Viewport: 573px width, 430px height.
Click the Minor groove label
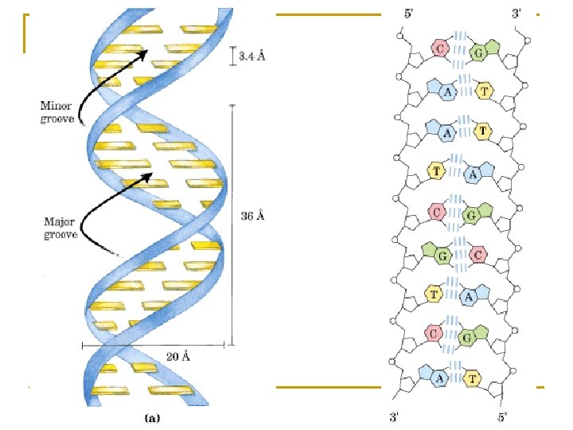(57, 112)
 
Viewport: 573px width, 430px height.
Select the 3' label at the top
(516, 13)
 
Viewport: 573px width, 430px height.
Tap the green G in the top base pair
(477, 53)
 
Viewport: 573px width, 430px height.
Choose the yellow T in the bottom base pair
(474, 377)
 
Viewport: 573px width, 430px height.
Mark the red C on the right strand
(477, 255)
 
